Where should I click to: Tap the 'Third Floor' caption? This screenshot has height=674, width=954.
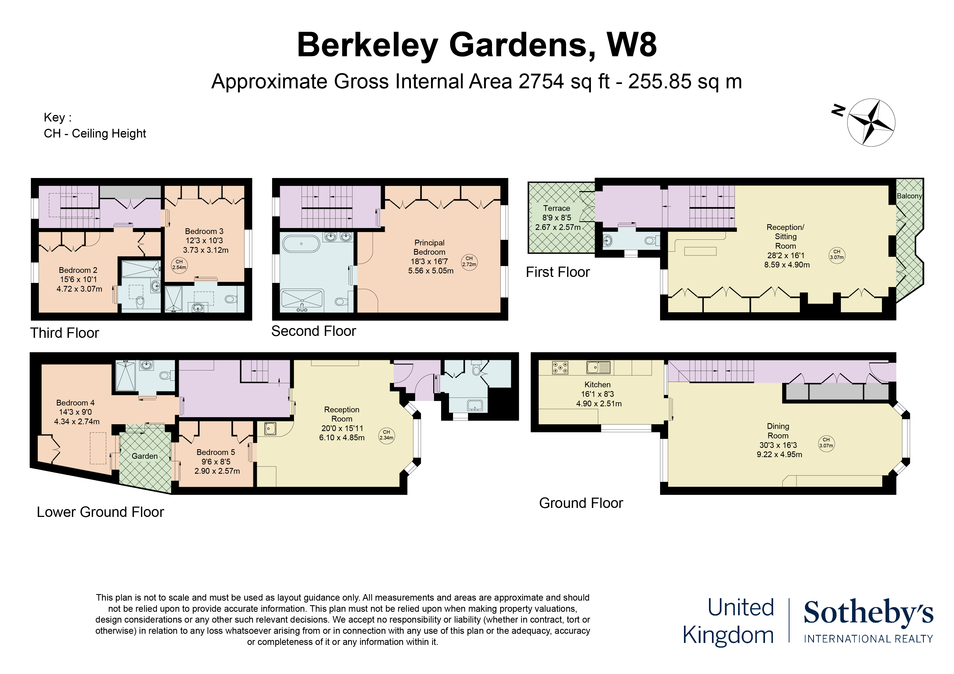[64, 333]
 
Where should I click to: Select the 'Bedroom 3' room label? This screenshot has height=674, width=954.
[204, 231]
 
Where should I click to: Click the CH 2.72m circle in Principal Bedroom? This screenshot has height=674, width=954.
[469, 262]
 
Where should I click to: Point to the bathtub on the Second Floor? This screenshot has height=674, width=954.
[301, 244]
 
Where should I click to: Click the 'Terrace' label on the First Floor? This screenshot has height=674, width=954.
[556, 208]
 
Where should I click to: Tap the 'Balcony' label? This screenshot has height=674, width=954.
[909, 196]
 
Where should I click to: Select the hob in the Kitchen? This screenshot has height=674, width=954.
[560, 367]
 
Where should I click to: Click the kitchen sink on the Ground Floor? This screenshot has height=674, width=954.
[598, 367]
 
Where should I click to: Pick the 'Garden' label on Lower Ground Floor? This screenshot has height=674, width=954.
[145, 456]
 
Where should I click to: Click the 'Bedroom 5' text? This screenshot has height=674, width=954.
[216, 452]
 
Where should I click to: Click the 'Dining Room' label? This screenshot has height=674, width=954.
[778, 431]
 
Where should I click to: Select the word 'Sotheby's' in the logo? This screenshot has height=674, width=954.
[868, 613]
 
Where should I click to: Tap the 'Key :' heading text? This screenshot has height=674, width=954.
[58, 117]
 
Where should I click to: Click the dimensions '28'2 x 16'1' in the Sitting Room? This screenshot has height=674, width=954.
[786, 255]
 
